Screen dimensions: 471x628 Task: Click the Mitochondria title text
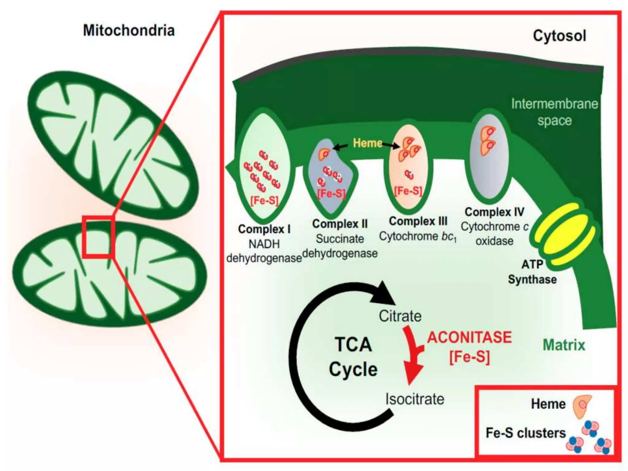click(x=129, y=31)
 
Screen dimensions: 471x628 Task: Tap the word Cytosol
click(x=559, y=36)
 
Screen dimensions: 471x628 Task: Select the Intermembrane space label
click(x=554, y=112)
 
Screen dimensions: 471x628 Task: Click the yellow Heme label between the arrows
click(x=367, y=143)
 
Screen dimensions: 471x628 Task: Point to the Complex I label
click(x=264, y=229)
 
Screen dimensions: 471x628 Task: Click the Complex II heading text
click(x=340, y=224)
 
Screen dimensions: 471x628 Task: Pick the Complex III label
click(x=418, y=221)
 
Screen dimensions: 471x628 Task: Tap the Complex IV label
click(x=494, y=212)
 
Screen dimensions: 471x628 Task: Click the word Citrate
click(x=400, y=316)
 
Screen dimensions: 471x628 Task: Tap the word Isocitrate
click(x=415, y=399)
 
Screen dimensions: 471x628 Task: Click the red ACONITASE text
click(x=469, y=337)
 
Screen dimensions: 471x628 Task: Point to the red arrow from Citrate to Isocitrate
click(x=412, y=356)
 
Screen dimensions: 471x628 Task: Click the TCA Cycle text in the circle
click(x=353, y=357)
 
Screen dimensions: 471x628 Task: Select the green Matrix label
click(x=564, y=345)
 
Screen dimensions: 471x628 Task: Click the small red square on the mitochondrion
click(x=98, y=236)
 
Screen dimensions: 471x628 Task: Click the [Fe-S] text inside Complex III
click(x=408, y=191)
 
